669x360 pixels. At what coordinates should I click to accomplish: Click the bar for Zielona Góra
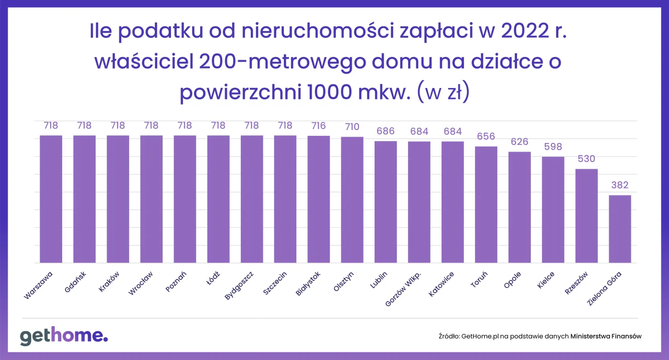(620, 229)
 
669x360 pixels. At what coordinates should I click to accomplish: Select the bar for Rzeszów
(586, 216)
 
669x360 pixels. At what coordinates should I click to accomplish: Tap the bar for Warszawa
(51, 199)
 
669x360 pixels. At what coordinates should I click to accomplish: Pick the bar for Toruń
(486, 205)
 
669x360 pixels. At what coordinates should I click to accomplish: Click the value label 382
(620, 185)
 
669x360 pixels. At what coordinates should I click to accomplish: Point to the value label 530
(586, 159)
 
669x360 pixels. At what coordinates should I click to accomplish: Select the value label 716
(319, 126)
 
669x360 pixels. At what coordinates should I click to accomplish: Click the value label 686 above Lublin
(386, 131)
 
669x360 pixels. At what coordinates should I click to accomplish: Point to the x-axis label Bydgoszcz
(239, 285)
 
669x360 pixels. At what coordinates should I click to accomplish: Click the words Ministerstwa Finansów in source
(606, 336)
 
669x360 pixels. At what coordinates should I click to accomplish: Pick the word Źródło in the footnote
(448, 336)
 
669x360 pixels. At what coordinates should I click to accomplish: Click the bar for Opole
(519, 207)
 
